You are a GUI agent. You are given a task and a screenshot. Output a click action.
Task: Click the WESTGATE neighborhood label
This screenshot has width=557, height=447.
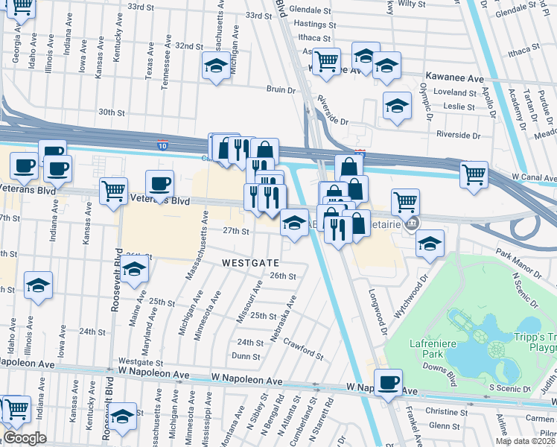point(250,263)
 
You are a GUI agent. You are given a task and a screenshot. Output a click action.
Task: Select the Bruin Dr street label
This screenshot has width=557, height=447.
point(281,89)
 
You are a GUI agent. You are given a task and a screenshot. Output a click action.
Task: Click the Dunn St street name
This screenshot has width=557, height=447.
point(245,357)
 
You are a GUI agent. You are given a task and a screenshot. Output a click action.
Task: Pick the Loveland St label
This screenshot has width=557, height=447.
point(454,93)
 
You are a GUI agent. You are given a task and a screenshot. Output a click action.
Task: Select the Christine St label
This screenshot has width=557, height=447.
point(446,411)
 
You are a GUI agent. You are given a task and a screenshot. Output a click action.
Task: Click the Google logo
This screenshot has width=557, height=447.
point(24,438)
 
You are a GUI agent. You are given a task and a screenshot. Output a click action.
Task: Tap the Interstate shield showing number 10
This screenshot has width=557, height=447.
point(162,142)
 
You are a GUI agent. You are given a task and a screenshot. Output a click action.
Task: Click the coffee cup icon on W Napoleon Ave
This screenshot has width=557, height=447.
point(387,382)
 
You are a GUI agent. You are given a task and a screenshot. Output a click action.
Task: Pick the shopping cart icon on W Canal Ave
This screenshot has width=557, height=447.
point(474,174)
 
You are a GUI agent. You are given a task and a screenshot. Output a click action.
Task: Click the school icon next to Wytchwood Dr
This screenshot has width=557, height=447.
point(430,243)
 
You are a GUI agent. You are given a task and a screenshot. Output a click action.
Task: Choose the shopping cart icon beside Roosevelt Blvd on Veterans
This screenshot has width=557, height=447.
point(113,191)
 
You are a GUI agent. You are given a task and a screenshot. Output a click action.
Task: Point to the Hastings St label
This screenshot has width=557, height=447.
point(311,25)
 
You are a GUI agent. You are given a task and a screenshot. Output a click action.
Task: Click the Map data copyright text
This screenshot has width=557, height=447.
point(526,441)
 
